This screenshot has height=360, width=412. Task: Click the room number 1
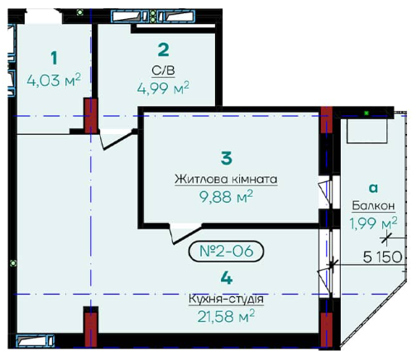coord(54,58)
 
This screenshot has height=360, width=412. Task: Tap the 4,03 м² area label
coord(54,80)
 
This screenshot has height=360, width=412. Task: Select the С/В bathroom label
coord(163,71)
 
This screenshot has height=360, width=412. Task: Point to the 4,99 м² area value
coord(163,88)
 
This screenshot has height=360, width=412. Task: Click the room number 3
coord(227,158)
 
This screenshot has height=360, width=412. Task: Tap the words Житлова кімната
coord(226,180)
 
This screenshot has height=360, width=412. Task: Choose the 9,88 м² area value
coord(226,197)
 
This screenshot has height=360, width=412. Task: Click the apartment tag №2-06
coord(226,251)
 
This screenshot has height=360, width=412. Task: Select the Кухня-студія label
coord(226,299)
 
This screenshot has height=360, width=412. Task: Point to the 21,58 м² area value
coord(226,316)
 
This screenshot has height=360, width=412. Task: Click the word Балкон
coord(373,206)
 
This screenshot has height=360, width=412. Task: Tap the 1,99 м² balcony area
coord(373,223)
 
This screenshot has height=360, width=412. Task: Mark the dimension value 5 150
coord(382,257)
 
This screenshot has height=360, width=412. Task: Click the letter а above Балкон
coord(373,188)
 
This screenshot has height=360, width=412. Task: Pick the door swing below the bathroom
coord(117,139)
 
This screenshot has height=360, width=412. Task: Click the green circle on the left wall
coord(12,263)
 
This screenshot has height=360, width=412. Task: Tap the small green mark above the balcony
coord(366,113)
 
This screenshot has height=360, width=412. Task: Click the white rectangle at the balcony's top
coord(366,131)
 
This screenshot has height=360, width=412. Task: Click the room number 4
coord(227,278)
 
